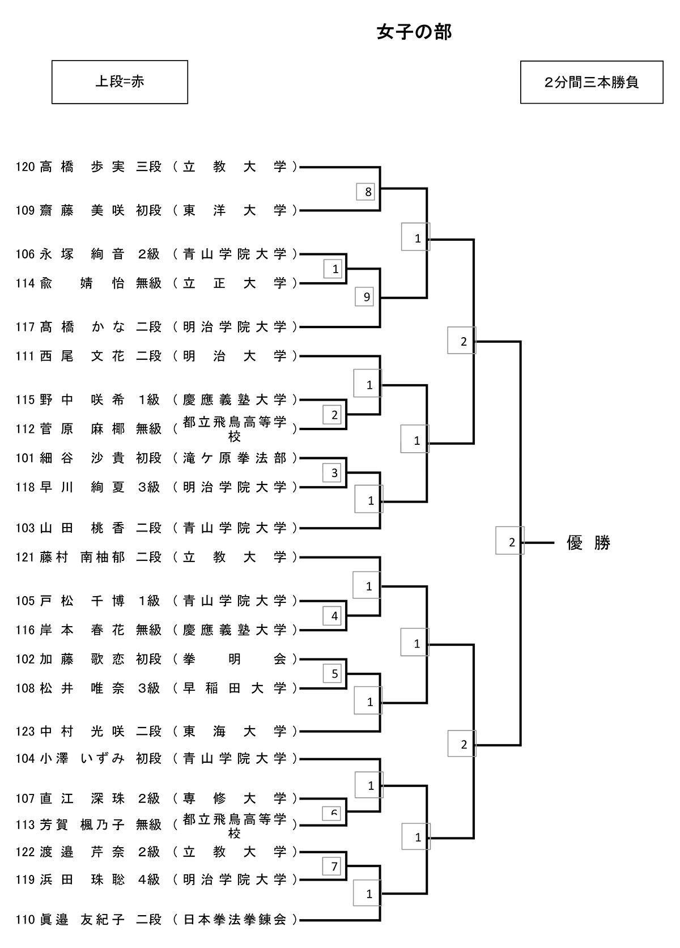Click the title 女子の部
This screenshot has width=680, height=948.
414,33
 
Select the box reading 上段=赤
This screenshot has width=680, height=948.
120,82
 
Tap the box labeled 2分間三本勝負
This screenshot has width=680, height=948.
592,82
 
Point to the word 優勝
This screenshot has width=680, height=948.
588,543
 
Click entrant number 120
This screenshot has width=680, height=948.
25,167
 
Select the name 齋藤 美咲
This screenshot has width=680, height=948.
82,211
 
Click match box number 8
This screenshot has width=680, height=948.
368,192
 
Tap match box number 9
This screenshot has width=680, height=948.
366,297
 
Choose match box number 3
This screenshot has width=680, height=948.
334,473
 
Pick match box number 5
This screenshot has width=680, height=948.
334,674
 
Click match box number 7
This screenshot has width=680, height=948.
334,866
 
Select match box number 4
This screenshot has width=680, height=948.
334,616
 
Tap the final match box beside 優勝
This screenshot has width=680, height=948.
511,542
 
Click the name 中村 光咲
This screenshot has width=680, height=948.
82,732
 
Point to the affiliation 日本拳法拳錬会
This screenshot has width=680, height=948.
235,920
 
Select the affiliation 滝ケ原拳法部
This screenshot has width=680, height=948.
235,458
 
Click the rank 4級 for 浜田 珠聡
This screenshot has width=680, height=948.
149,880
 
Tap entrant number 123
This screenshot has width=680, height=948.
25,732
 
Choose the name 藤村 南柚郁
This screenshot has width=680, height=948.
82,558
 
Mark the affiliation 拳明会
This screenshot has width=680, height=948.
235,659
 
